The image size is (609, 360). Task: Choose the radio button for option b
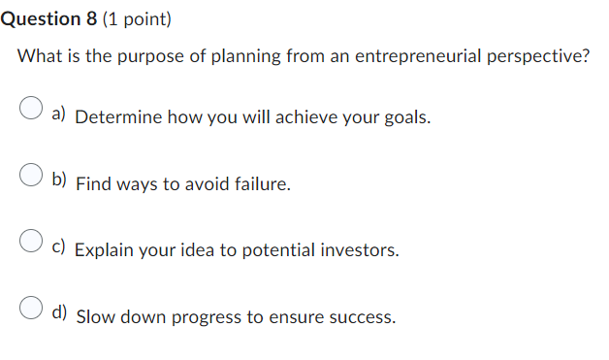pos(32,176)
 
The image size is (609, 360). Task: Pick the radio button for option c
pos(32,242)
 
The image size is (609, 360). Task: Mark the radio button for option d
pos(32,309)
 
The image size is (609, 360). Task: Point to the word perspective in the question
pos(541,55)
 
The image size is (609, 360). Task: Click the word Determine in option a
pos(116,118)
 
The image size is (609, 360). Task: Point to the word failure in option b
pos(260,183)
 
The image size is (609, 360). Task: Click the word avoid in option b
pos(201,183)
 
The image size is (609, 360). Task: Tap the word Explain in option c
pos(104,250)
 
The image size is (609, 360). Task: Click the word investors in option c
pos(359,250)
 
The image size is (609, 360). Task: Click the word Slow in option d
pos(95,317)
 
